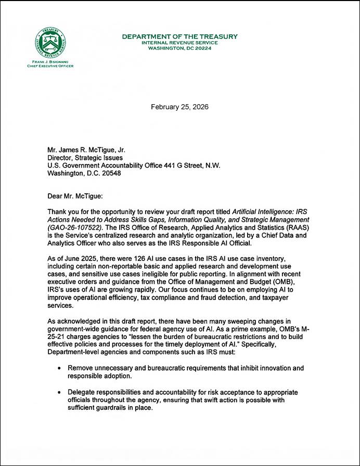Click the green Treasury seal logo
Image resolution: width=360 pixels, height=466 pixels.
(x=50, y=43)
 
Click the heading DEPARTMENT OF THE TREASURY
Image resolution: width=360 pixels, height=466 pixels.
(x=179, y=36)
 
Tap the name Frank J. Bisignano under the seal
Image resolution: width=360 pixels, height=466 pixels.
(x=50, y=62)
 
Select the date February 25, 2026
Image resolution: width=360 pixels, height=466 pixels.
(x=179, y=107)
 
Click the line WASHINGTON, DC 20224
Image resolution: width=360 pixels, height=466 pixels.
(x=179, y=47)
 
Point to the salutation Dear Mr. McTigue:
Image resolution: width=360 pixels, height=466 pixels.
(x=74, y=197)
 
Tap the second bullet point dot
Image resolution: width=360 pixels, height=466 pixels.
(x=61, y=392)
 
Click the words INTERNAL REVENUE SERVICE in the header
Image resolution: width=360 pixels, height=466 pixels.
(x=179, y=42)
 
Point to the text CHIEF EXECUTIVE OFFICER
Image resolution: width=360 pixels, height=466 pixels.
(x=50, y=66)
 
